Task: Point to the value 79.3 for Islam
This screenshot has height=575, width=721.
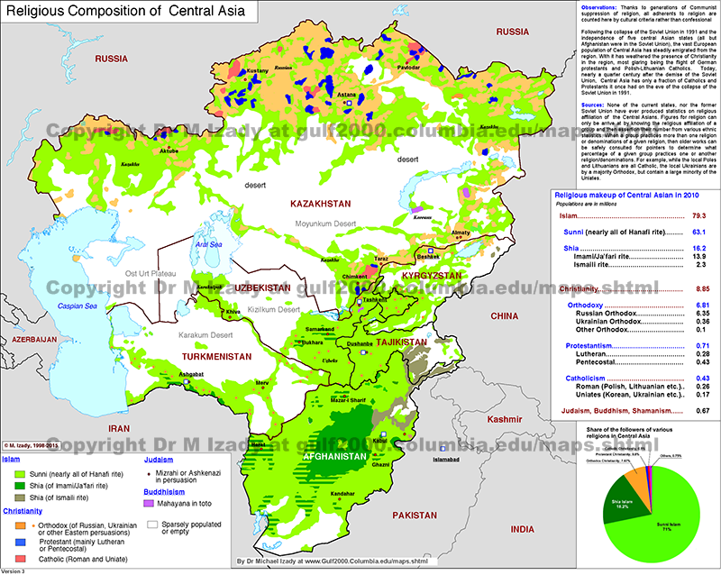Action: point(698,242)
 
